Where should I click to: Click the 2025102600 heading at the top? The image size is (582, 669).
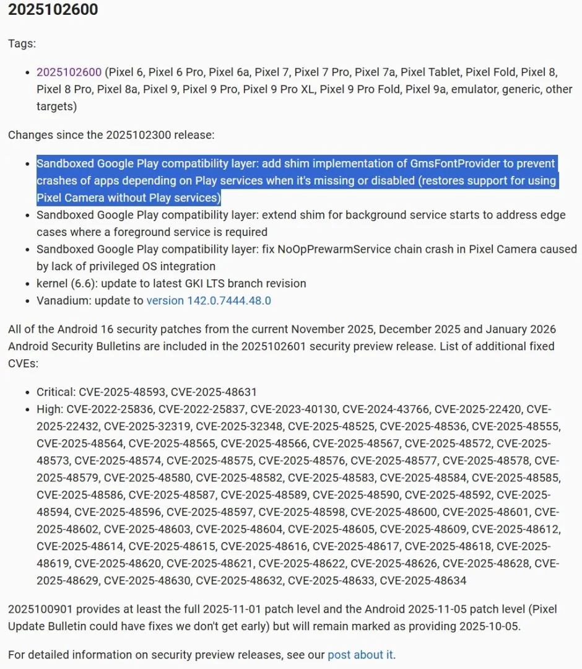(x=53, y=10)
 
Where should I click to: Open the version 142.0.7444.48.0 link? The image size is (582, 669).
(x=209, y=301)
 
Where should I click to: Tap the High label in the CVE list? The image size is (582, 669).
(x=49, y=409)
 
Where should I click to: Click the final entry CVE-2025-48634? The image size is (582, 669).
(x=423, y=580)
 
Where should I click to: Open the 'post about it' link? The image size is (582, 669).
(x=360, y=655)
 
